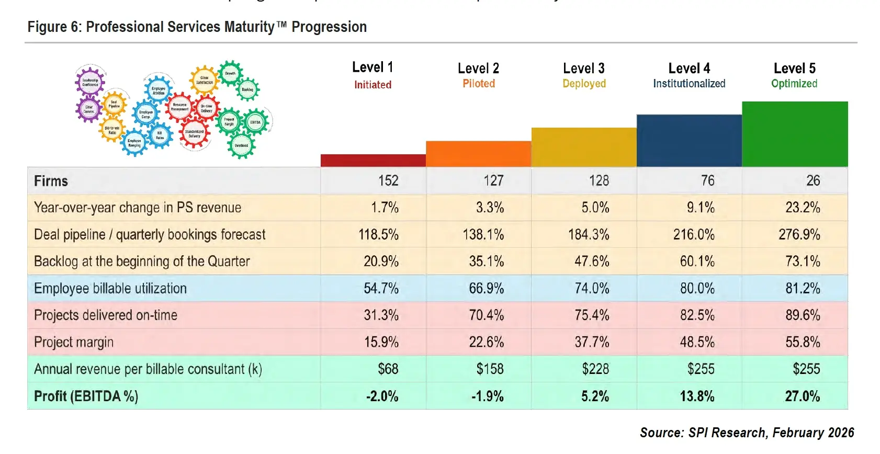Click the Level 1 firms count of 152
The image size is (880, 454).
click(388, 181)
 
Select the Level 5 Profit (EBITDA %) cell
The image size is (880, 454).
click(802, 396)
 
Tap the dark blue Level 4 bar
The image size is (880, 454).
click(689, 141)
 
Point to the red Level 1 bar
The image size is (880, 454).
click(373, 161)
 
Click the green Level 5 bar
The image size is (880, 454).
click(795, 134)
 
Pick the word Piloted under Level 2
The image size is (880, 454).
click(478, 84)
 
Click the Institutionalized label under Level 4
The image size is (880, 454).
click(689, 84)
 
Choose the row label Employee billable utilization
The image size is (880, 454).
click(110, 289)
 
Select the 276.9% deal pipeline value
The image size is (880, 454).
click(799, 235)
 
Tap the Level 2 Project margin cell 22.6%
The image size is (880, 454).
click(486, 343)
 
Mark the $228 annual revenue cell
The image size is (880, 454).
click(595, 369)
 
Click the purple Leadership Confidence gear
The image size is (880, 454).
click(90, 82)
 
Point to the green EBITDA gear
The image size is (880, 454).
click(255, 122)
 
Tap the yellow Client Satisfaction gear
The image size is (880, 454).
click(204, 80)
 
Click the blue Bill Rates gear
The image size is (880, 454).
click(160, 135)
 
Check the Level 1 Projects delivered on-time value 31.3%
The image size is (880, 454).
click(381, 315)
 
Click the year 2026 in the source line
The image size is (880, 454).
click(841, 433)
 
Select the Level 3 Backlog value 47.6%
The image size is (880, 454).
click(592, 262)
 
